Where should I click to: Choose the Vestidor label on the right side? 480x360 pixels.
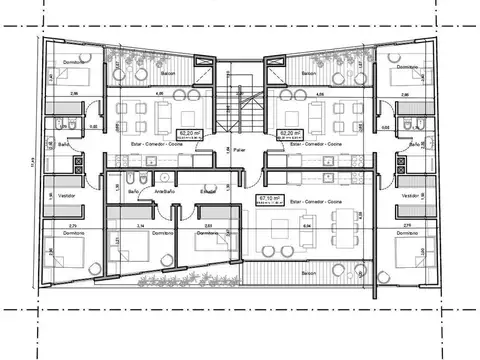(x=410, y=196)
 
